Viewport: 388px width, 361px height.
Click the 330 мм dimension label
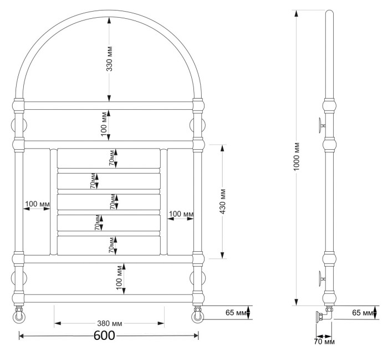point(109,59)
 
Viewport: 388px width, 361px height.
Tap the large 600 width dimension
point(104,335)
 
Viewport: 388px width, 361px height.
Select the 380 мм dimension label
point(109,323)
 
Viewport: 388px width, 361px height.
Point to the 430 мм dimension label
point(222,201)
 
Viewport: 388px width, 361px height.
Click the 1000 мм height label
point(296,156)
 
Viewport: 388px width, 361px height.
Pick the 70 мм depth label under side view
point(324,342)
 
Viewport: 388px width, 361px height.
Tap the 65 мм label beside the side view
point(363,313)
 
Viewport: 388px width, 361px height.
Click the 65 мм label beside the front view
point(236,312)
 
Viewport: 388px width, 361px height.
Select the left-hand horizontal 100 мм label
point(37,204)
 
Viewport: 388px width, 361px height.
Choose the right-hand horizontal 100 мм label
point(181,214)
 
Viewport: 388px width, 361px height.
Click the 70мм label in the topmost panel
point(111,157)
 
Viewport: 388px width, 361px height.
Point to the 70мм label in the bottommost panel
point(111,245)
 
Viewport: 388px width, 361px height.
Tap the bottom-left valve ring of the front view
point(19,317)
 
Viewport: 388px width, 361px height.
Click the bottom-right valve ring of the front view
point(197,317)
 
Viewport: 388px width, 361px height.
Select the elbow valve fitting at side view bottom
point(324,315)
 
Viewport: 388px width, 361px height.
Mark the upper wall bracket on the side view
point(321,125)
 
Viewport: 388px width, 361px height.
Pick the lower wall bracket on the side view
point(321,279)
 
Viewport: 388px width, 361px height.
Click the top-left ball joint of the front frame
point(18,106)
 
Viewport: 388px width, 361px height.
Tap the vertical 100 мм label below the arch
point(104,124)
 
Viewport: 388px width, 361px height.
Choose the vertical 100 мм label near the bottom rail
point(119,278)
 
